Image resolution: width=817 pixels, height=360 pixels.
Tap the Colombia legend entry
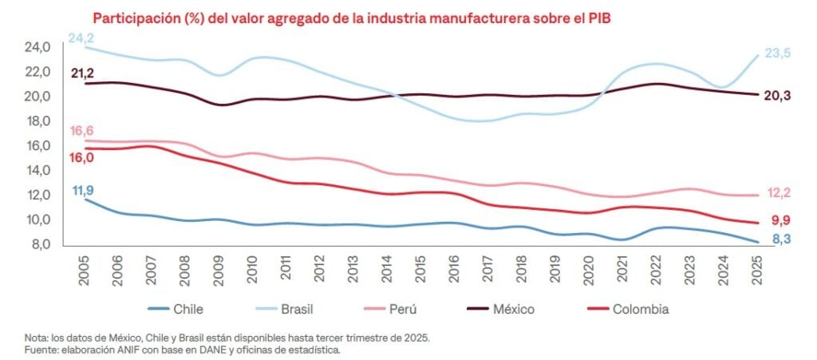[640, 309]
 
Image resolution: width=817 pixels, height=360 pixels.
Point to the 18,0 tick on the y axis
[37, 121]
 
